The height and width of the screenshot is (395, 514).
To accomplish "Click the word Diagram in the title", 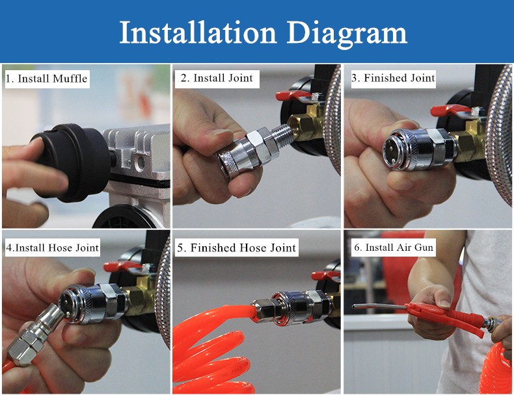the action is [x=347, y=33].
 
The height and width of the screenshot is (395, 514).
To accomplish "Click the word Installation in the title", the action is [x=198, y=32].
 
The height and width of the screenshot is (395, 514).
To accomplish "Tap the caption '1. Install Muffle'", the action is [x=47, y=79].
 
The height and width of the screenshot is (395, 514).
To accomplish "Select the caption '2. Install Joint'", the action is [x=217, y=78].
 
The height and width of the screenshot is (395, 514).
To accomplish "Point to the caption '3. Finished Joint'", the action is [x=393, y=78].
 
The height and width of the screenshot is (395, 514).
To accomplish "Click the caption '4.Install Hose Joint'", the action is [x=53, y=248].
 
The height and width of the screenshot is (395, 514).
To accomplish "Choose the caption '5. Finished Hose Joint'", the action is [x=236, y=248].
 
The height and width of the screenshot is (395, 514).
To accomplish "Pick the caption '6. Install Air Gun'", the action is [x=394, y=248].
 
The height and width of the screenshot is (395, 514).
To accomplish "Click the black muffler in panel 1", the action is [x=70, y=162].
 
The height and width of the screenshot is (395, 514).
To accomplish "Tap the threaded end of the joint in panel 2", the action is [x=281, y=136].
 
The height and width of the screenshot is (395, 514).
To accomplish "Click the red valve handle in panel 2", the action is [x=291, y=96].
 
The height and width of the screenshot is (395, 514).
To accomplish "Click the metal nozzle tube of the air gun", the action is [x=379, y=307].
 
